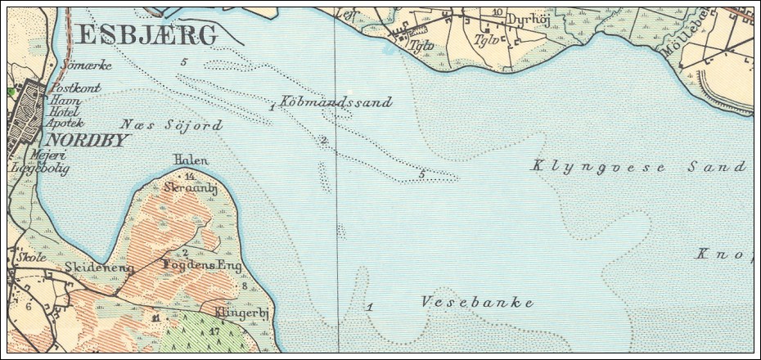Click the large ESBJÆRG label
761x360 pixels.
(x=146, y=35)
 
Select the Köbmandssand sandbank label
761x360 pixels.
(x=335, y=102)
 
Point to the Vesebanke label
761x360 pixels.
(x=477, y=303)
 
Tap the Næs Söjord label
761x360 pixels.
(x=171, y=125)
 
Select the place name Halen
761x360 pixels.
(x=191, y=160)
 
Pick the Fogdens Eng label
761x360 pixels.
(x=203, y=266)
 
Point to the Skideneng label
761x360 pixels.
(x=99, y=268)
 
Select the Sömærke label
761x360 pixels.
(x=85, y=65)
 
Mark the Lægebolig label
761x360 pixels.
(x=39, y=169)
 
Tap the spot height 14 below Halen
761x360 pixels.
(x=189, y=175)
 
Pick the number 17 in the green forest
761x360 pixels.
(x=214, y=331)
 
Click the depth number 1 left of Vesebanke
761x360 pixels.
(x=371, y=307)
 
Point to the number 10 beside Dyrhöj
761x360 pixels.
(x=498, y=12)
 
